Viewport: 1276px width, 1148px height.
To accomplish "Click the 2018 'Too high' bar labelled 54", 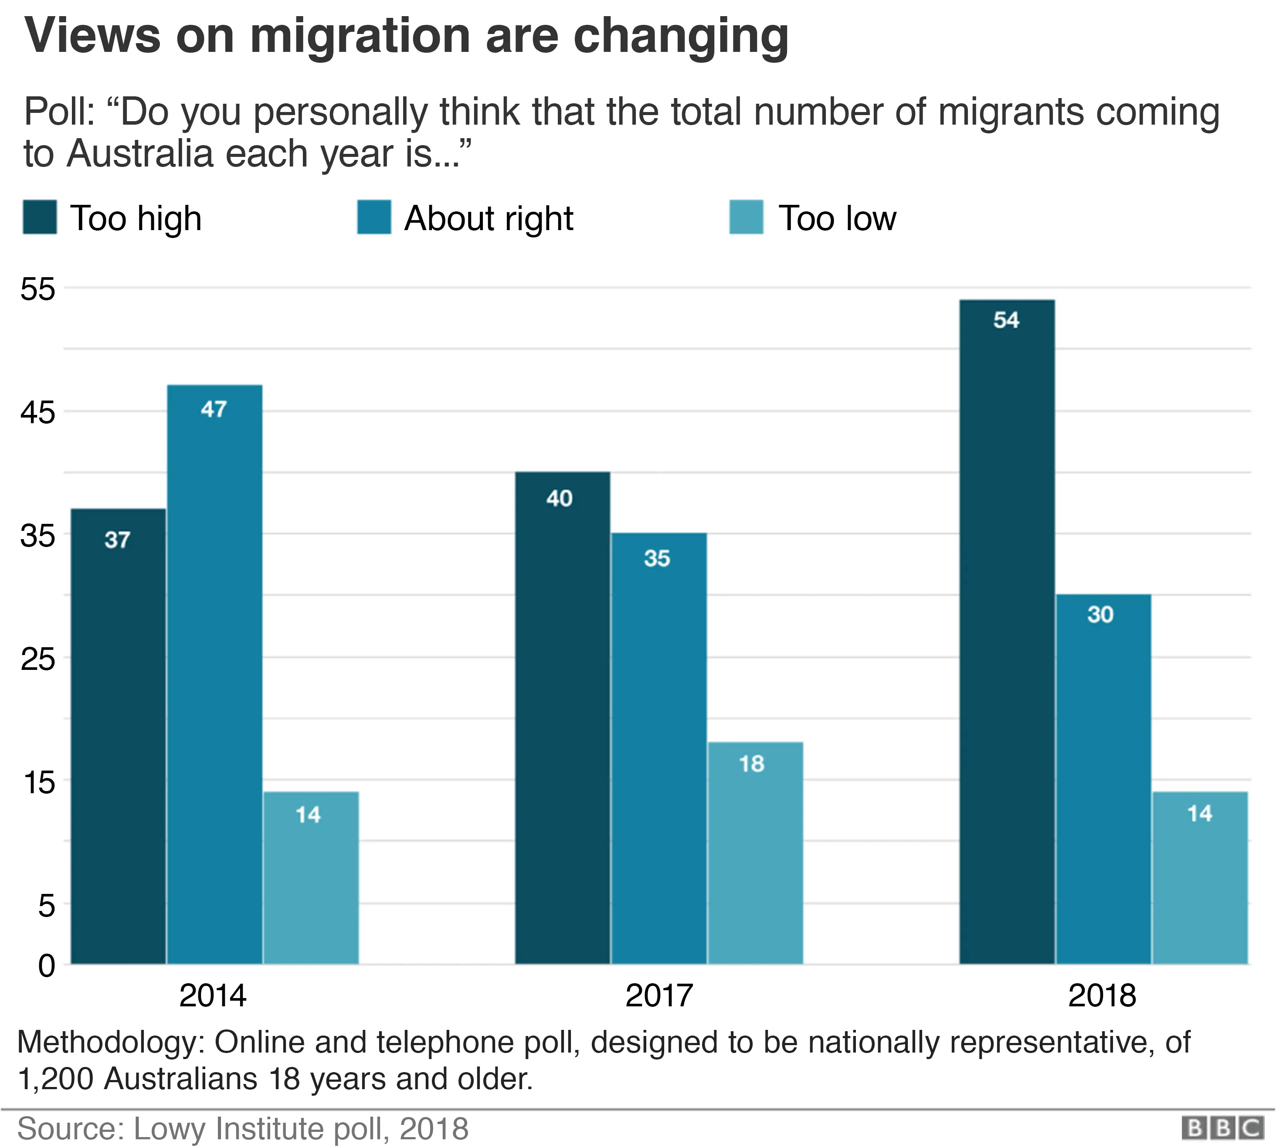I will (x=1007, y=631).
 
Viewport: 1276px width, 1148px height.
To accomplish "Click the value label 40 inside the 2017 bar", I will (x=560, y=498).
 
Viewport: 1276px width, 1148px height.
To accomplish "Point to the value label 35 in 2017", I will (x=657, y=558).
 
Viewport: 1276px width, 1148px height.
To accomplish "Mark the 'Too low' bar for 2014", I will (x=311, y=877).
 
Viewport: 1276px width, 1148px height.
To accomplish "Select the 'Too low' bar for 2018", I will (x=1200, y=877).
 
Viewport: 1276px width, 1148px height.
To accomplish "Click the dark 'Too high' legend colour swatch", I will (x=40, y=217).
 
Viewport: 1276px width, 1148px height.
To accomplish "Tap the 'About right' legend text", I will (x=489, y=219).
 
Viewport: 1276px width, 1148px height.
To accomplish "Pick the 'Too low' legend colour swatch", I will (x=746, y=217).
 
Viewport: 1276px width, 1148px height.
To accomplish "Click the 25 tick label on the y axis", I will (x=38, y=659).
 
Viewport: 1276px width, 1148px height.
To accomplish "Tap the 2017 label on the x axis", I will (x=658, y=996).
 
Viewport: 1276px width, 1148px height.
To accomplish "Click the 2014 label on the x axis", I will (x=213, y=996).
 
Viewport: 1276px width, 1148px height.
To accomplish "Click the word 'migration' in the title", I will (x=360, y=36).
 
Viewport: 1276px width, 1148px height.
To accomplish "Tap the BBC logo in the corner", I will (x=1222, y=1128).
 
